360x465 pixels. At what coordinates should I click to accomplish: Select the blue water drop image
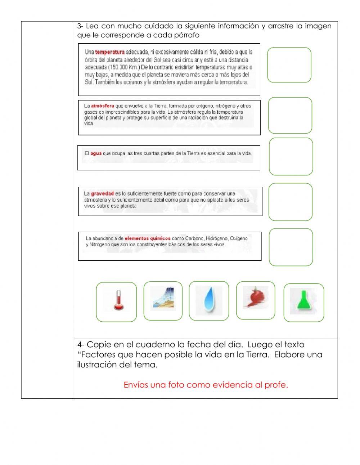(x=209, y=300)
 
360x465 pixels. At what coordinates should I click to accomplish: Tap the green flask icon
(x=303, y=302)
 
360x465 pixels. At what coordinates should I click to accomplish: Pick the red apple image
(x=255, y=298)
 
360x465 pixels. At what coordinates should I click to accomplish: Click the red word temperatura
(x=110, y=52)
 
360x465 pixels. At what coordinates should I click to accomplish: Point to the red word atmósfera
(x=102, y=106)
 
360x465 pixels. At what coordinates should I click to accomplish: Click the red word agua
(x=96, y=153)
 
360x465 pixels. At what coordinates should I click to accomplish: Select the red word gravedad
(x=102, y=193)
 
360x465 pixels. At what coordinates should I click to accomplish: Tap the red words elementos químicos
(x=147, y=238)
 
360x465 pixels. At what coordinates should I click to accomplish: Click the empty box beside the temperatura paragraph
(x=289, y=65)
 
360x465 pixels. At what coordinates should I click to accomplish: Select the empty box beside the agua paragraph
(x=291, y=157)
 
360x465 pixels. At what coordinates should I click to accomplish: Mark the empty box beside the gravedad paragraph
(x=290, y=202)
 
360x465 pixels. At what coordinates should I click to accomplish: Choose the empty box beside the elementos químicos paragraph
(x=291, y=247)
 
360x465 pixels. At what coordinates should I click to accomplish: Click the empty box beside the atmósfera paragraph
(x=290, y=115)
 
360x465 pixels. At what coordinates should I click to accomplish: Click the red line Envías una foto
(x=206, y=385)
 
